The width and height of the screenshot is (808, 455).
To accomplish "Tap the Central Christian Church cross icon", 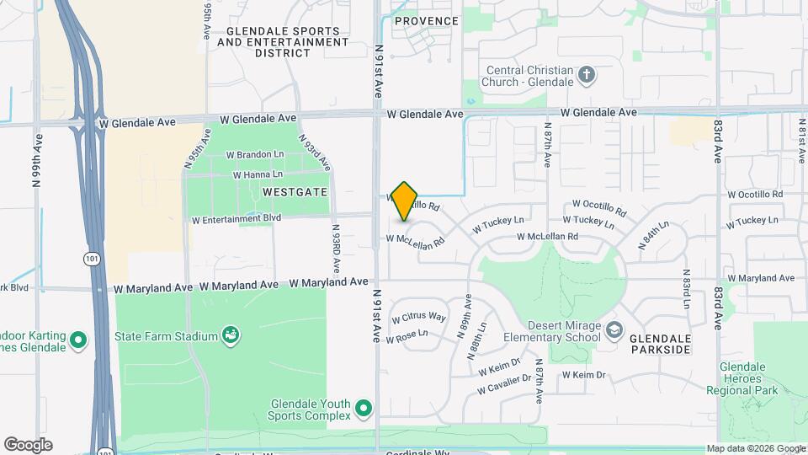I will (587, 76).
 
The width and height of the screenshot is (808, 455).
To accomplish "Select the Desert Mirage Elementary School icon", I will (614, 329).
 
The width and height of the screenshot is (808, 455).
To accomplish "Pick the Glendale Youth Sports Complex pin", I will (364, 409).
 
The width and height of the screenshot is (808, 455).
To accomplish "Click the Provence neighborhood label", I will (427, 21).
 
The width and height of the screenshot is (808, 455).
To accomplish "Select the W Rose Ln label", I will (407, 335).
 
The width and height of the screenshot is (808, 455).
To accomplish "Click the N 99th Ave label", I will (36, 156).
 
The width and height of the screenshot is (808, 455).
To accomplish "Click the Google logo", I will (28, 445).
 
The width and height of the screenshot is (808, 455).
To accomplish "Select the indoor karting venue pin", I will (78, 340).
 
